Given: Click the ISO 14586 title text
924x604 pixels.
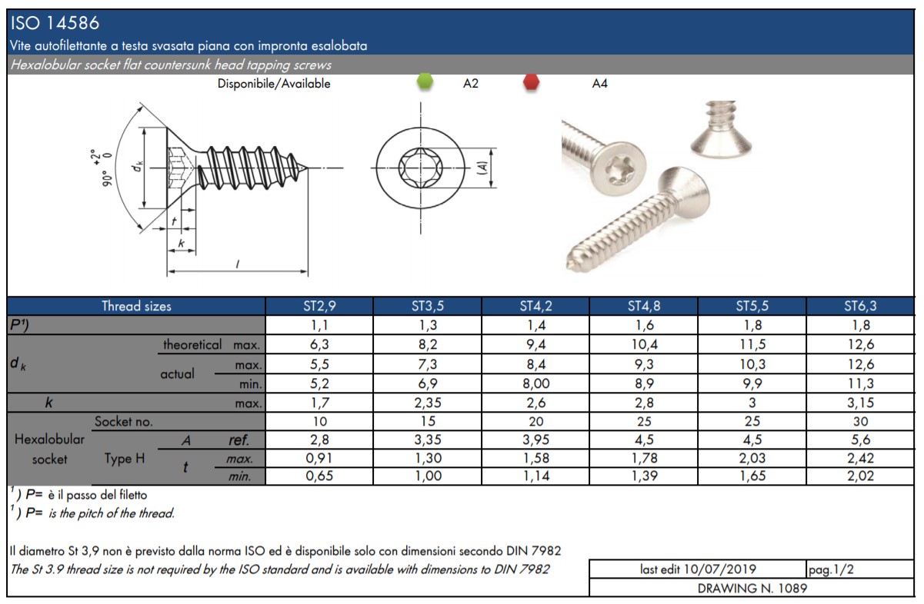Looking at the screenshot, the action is (55, 23).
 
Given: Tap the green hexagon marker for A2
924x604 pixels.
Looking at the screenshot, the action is (425, 81).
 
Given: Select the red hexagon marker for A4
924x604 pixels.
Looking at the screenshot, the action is (531, 81).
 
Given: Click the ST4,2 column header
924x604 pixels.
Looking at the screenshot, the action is (535, 306).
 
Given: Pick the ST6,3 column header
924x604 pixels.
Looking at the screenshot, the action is (860, 306).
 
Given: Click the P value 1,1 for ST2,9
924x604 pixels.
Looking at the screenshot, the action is (320, 325).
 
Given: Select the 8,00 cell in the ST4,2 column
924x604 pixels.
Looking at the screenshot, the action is (535, 383).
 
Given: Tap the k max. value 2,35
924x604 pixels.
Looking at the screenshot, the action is (428, 403).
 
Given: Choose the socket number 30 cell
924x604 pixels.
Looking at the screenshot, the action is (860, 421).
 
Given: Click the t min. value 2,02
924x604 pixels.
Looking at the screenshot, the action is (860, 476).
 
